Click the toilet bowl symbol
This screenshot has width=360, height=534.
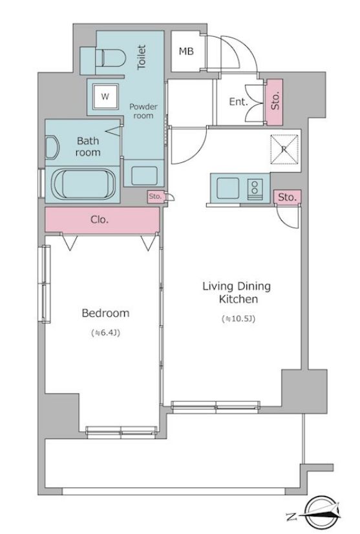(111, 58)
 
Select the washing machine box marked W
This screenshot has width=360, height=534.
(105, 96)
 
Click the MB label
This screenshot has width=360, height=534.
(186, 51)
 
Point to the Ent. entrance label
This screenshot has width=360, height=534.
(238, 101)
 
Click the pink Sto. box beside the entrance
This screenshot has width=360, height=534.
(274, 102)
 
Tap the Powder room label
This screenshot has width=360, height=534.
(143, 111)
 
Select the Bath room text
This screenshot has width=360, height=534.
(88, 147)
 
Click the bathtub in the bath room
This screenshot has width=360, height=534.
(84, 184)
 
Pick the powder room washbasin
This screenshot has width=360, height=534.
(144, 175)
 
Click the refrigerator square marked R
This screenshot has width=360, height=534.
(284, 149)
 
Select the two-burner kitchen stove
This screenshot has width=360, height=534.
(255, 189)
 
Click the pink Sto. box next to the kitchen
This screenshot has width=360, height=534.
(287, 197)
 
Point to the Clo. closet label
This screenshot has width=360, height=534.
(100, 220)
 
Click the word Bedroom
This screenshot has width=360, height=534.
(105, 313)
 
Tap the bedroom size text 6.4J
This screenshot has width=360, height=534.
(105, 333)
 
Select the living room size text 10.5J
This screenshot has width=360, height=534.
(238, 319)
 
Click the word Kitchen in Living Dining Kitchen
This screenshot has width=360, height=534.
(238, 299)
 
